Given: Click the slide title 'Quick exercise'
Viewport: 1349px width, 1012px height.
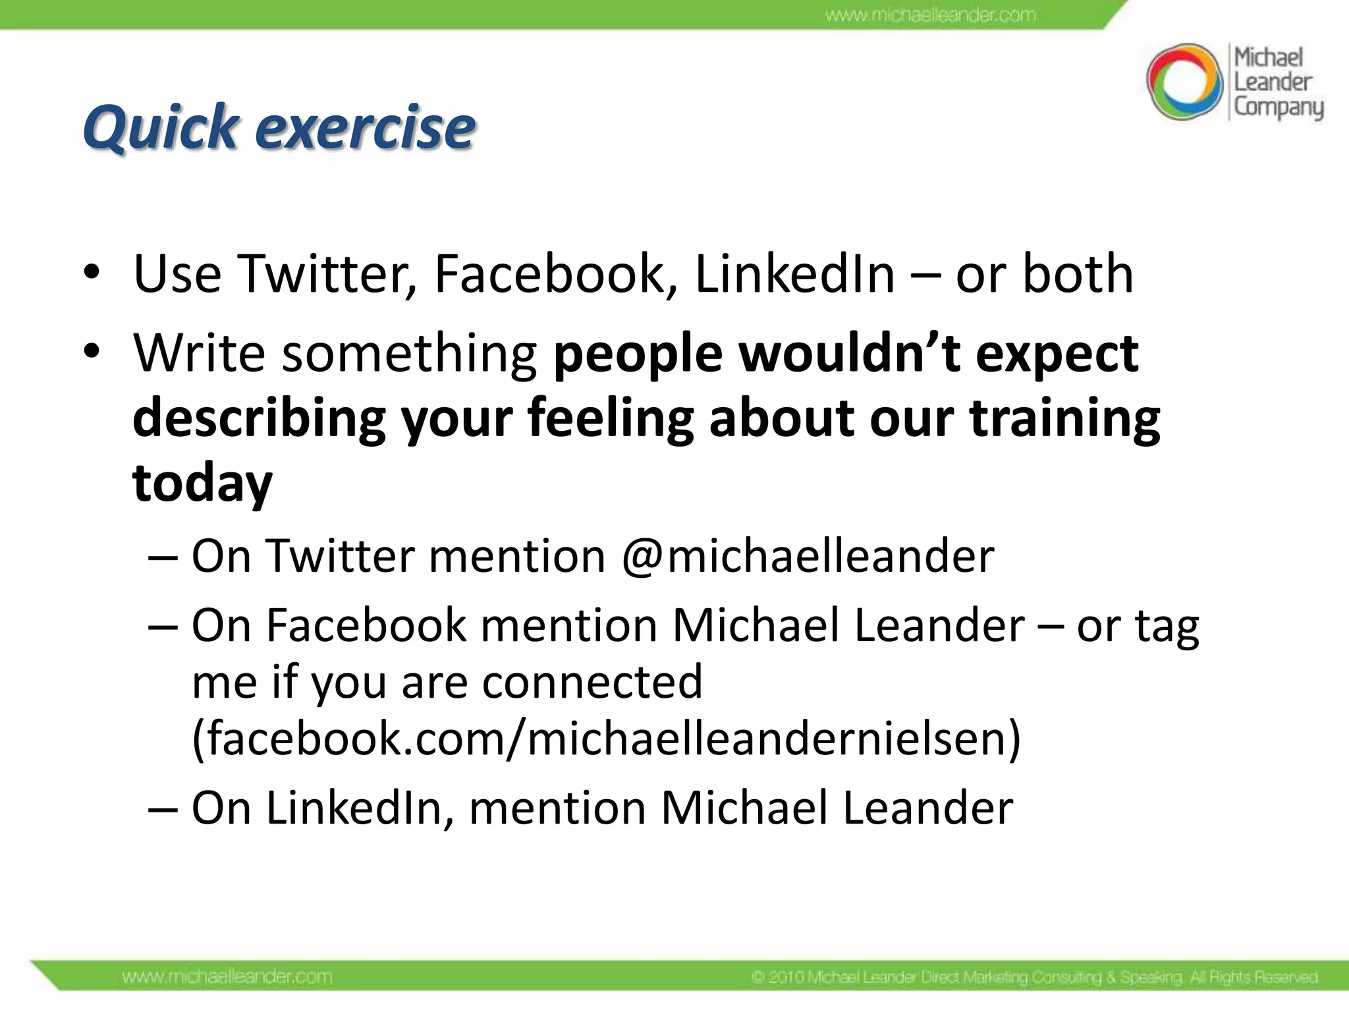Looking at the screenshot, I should tap(279, 126).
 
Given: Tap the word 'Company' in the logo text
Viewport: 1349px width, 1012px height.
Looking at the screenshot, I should tap(1278, 107).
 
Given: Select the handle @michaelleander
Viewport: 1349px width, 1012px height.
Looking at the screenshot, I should tap(808, 556).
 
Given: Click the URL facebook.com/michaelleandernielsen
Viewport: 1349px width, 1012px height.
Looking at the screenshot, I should tap(606, 738).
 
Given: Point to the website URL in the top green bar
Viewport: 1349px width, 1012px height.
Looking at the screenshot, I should tap(930, 14).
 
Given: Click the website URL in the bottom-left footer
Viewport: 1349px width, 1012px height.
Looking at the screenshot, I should tap(227, 976).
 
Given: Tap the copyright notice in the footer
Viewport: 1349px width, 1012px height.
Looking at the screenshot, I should tap(1034, 976).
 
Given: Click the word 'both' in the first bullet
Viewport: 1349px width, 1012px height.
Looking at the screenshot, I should tap(1078, 273).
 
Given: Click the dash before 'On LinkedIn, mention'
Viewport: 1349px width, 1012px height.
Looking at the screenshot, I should tap(163, 808).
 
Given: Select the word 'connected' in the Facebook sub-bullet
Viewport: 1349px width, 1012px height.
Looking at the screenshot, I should tap(592, 682).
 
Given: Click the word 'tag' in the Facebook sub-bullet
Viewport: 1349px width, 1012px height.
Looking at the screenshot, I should tap(1167, 626).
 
